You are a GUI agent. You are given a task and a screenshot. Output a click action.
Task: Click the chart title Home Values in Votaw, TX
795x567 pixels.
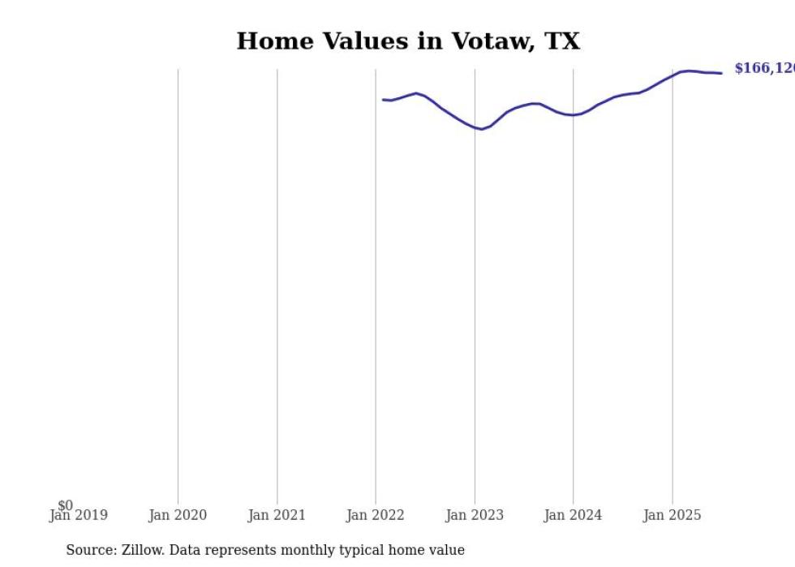408,41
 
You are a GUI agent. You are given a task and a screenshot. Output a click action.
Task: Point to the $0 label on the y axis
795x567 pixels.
65,505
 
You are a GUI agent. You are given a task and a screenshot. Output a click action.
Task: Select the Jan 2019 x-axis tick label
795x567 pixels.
78,515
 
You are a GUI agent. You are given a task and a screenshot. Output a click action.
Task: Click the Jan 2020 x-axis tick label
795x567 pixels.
178,515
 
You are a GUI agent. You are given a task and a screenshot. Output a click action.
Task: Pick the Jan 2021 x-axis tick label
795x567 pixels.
277,515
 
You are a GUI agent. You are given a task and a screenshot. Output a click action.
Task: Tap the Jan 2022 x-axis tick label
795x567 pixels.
376,515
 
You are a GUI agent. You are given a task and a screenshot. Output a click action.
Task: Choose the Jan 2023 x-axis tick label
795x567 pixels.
475,515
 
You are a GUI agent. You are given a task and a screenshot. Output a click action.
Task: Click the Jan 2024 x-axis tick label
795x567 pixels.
574,515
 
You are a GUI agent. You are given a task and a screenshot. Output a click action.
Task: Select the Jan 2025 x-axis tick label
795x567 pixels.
673,515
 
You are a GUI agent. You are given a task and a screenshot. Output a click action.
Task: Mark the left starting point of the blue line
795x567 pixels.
384,100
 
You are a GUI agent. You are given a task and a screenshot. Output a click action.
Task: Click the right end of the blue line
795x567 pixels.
721,73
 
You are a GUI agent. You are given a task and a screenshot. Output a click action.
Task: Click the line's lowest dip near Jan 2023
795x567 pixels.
482,129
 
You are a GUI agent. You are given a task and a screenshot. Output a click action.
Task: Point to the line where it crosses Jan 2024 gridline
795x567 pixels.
574,115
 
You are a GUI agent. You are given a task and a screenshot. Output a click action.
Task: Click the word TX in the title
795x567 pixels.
562,41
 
